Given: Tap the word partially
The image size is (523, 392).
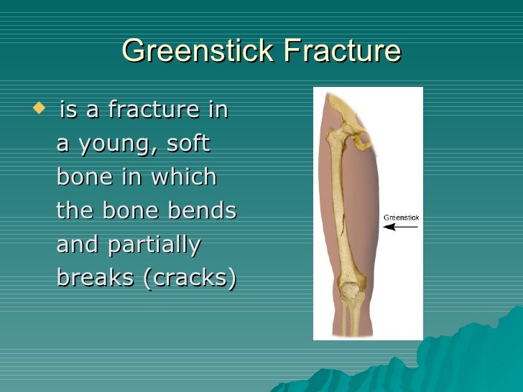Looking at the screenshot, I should tap(154, 244).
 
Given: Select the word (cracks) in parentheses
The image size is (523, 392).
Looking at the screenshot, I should tap(190, 278).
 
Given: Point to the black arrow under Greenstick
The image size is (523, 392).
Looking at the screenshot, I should tap(400, 227).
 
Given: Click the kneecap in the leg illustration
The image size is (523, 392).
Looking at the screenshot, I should tap(350, 291).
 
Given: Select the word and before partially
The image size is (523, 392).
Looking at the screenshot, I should tap(79, 244).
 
